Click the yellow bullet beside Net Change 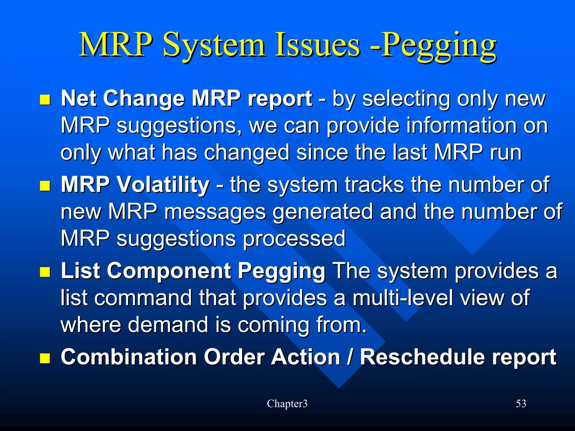pos(45,100)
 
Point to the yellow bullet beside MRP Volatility pos(45,186)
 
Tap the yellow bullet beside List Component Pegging pos(45,272)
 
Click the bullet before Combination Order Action pos(45,358)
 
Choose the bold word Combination pos(129,357)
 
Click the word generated pos(323,212)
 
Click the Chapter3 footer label pos(287,404)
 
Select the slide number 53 pos(521,404)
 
